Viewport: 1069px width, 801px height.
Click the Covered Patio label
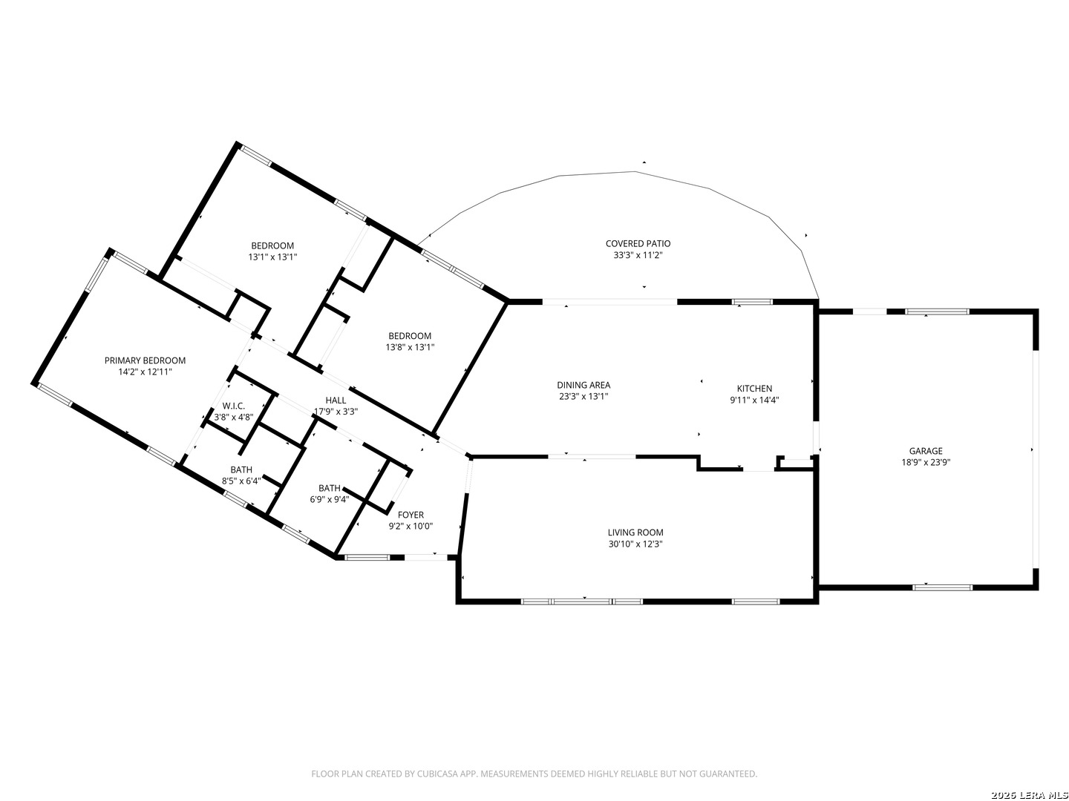click(x=638, y=244)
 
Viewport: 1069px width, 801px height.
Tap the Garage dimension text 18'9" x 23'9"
click(x=925, y=463)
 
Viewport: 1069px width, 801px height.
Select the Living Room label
click(x=635, y=533)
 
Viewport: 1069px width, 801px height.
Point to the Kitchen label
click(x=754, y=389)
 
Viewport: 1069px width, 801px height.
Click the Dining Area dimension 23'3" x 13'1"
click(x=583, y=396)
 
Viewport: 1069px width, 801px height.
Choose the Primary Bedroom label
click(x=145, y=360)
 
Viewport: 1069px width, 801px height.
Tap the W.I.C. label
click(x=233, y=406)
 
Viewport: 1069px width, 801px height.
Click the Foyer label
click(x=411, y=515)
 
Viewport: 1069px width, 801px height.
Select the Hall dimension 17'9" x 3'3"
click(x=336, y=412)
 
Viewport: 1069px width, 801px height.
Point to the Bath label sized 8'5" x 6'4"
click(x=241, y=469)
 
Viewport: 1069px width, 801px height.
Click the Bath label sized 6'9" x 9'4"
click(x=329, y=488)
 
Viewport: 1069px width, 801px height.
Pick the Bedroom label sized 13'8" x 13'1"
click(x=410, y=336)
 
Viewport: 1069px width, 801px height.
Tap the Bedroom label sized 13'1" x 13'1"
click(x=272, y=246)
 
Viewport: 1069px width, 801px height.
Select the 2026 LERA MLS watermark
click(x=1029, y=795)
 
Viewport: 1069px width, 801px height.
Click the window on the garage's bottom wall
click(x=942, y=587)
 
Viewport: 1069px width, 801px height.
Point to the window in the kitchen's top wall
click(x=753, y=302)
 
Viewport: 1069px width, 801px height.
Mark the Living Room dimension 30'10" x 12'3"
click(x=635, y=544)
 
